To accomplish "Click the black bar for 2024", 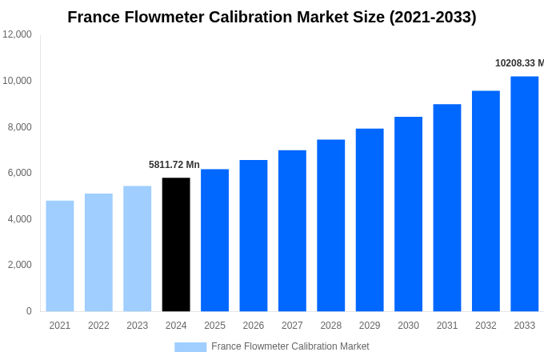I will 176,244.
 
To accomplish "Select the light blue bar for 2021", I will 60,256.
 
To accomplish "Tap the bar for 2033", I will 524,194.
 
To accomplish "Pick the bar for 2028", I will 330,226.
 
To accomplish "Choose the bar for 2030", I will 408,214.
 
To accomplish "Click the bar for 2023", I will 137,248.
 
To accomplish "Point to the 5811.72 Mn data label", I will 174,165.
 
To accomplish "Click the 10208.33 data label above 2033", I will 519,63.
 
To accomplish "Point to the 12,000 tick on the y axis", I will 17,34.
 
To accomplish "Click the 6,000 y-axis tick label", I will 19,173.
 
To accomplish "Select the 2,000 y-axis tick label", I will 19,265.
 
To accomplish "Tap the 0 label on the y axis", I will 29,311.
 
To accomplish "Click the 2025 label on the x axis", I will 214,326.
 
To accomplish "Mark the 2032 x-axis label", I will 486,326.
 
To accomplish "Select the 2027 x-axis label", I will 292,326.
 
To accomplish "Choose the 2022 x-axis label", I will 98,326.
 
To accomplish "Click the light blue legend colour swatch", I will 190,346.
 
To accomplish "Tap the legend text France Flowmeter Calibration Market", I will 290,346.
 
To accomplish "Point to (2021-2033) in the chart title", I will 433,17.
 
